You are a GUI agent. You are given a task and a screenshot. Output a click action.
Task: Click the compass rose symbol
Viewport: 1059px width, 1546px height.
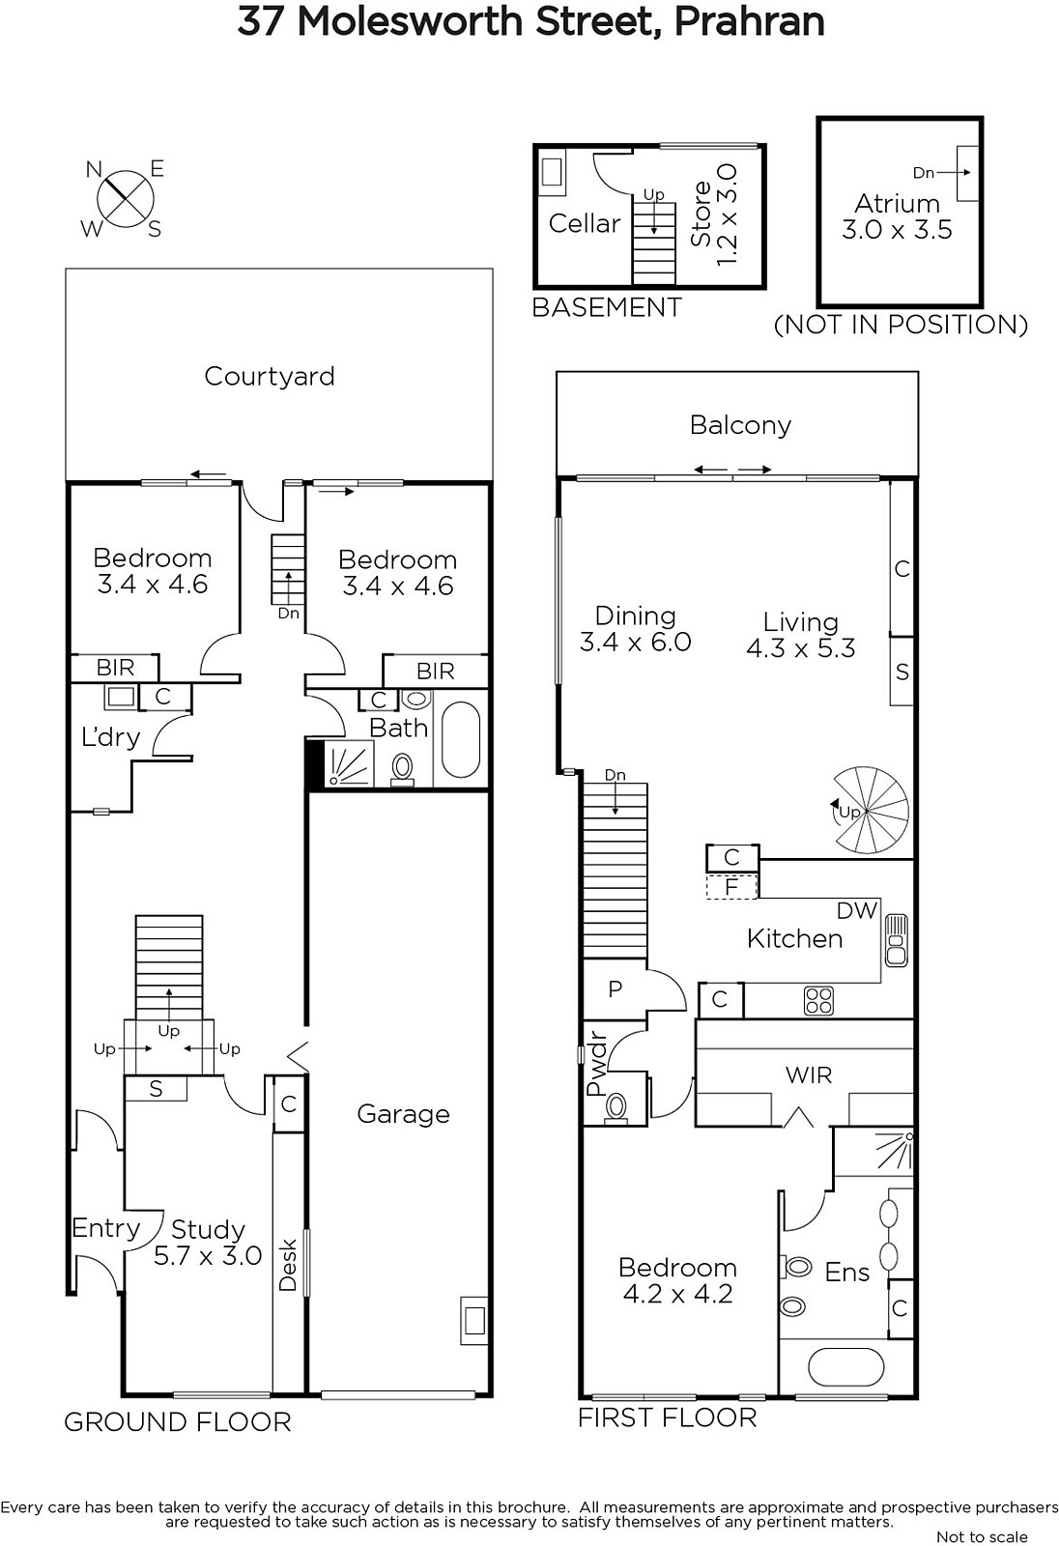pos(125,199)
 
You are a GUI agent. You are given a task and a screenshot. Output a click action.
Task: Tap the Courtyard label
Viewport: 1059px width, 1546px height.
pos(270,377)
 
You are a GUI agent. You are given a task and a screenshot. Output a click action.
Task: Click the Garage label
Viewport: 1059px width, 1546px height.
pos(403,1115)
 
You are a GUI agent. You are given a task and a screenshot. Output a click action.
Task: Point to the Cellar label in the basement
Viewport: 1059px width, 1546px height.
pos(584,223)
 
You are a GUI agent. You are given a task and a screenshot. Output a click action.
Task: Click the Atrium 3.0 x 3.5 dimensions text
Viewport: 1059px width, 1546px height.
pos(897,229)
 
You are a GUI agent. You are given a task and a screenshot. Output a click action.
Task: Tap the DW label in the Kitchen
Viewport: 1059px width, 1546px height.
pos(857,911)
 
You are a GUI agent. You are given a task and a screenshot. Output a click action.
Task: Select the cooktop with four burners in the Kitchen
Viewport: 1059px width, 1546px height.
pos(818,1001)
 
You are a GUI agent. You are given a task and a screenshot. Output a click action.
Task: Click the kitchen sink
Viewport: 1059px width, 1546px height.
pos(896,940)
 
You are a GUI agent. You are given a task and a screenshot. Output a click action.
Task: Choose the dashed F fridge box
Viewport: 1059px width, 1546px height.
pos(731,885)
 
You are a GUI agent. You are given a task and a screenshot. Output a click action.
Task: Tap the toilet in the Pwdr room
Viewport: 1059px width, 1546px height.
pos(615,1108)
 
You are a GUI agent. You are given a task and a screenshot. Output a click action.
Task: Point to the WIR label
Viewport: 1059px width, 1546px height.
pos(809,1074)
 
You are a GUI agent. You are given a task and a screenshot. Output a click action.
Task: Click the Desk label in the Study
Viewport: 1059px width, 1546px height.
pos(288,1265)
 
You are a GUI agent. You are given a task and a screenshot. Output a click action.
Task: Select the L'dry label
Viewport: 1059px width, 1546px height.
pos(110,737)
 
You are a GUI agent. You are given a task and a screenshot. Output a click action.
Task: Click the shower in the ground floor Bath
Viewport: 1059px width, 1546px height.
pos(348,763)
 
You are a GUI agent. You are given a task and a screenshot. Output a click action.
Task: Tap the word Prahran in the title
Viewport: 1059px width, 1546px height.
pos(749,22)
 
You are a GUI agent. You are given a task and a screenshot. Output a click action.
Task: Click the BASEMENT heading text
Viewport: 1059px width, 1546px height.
pos(607,308)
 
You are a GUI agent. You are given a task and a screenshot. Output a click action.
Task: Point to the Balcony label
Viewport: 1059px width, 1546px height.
pos(740,425)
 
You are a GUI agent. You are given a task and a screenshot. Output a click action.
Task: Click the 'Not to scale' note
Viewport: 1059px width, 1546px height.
pos(982,1537)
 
